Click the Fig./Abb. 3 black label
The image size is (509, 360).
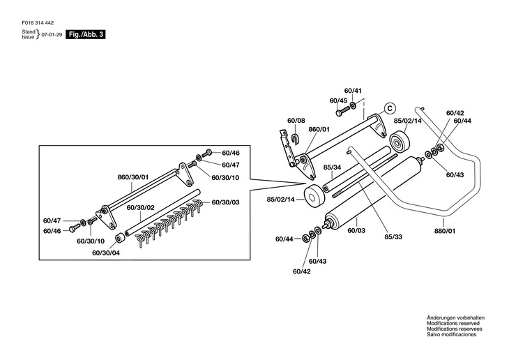(x=86, y=34)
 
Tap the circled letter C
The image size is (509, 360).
(x=390, y=108)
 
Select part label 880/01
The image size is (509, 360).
(x=445, y=231)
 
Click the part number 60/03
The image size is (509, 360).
(x=356, y=230)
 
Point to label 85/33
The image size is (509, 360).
(x=393, y=237)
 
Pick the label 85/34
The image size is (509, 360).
(x=332, y=167)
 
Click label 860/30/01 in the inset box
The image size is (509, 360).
(x=132, y=177)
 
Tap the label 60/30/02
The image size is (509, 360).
(x=141, y=207)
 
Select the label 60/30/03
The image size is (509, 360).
(x=226, y=202)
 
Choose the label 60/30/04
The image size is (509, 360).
(x=106, y=253)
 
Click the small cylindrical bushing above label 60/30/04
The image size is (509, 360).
(x=121, y=238)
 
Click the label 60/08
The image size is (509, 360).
(x=296, y=121)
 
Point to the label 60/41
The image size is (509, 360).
(x=353, y=91)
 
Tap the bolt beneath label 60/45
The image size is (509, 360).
(x=342, y=111)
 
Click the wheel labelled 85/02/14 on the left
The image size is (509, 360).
(x=314, y=198)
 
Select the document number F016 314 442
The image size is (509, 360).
(x=38, y=23)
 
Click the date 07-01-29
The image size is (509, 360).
(x=52, y=34)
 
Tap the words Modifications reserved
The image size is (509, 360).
(x=453, y=323)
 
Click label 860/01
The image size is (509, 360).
(x=319, y=129)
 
